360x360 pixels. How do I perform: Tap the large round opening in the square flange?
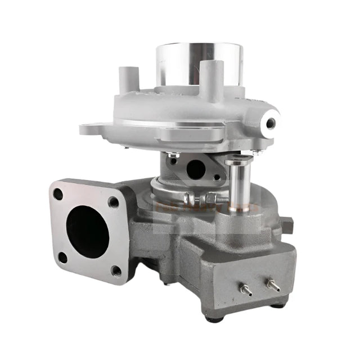pyautogui.click(x=87, y=231)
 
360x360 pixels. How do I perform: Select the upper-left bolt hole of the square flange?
pyautogui.click(x=58, y=194)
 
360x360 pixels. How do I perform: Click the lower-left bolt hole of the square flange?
pyautogui.click(x=63, y=258)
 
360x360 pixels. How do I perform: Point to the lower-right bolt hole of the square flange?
pyautogui.click(x=116, y=271)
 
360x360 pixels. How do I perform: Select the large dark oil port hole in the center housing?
pyautogui.click(x=195, y=169)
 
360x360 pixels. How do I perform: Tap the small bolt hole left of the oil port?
pyautogui.click(x=173, y=161)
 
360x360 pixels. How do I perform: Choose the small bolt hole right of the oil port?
pyautogui.click(x=217, y=177)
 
